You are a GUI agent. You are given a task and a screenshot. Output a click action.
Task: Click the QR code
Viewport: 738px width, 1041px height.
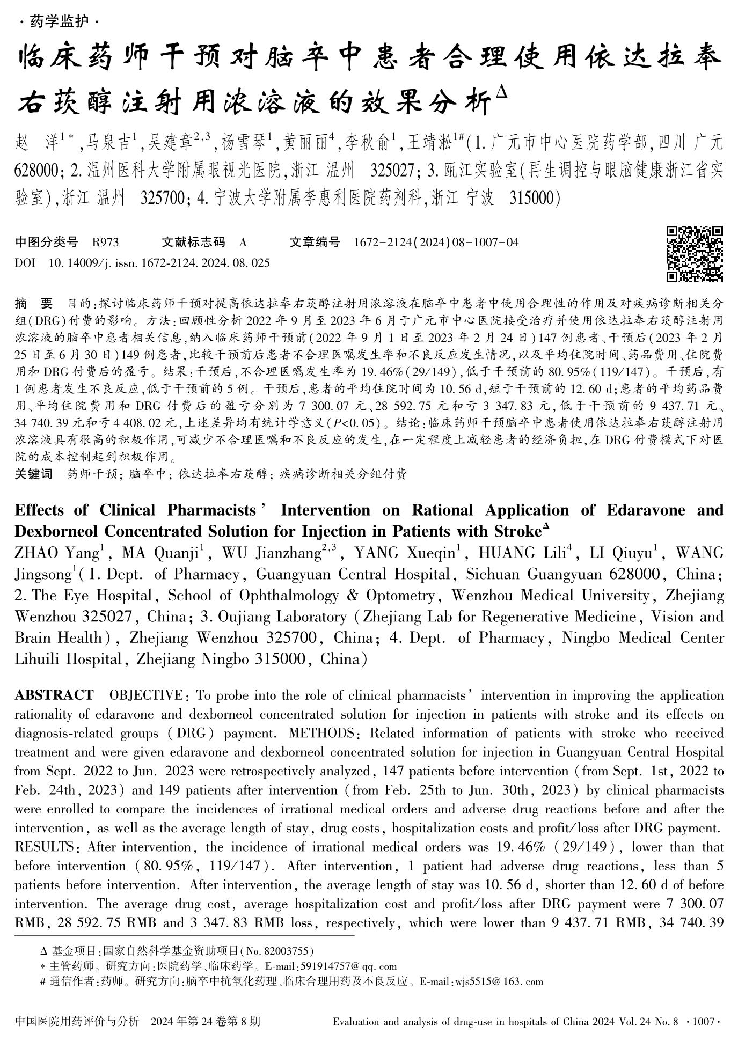(695, 254)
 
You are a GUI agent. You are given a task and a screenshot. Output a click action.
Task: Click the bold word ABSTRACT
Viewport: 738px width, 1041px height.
(54, 695)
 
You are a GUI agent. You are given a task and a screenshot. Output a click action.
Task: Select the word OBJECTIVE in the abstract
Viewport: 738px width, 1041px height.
(145, 695)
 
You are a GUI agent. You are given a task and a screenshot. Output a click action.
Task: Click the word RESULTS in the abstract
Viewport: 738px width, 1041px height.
(43, 847)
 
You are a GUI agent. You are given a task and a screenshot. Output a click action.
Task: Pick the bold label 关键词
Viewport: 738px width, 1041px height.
(34, 474)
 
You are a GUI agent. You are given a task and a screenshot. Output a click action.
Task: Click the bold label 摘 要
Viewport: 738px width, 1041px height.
(34, 304)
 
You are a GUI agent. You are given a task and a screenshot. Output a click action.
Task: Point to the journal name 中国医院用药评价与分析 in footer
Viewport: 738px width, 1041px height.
(77, 1021)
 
